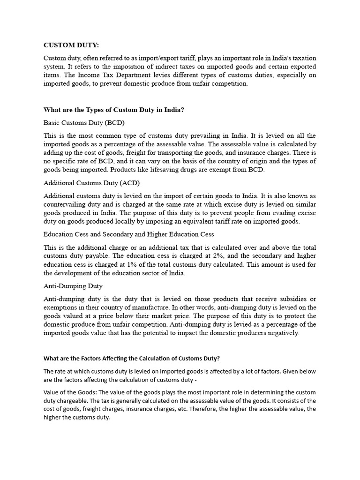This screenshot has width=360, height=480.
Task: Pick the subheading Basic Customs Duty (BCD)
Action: point(84,123)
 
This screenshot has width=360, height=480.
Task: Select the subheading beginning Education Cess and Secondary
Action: point(129,234)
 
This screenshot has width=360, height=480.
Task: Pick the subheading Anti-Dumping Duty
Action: point(73,285)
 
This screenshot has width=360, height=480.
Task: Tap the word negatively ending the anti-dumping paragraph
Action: point(281,333)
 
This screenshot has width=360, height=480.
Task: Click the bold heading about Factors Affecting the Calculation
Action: point(131,359)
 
